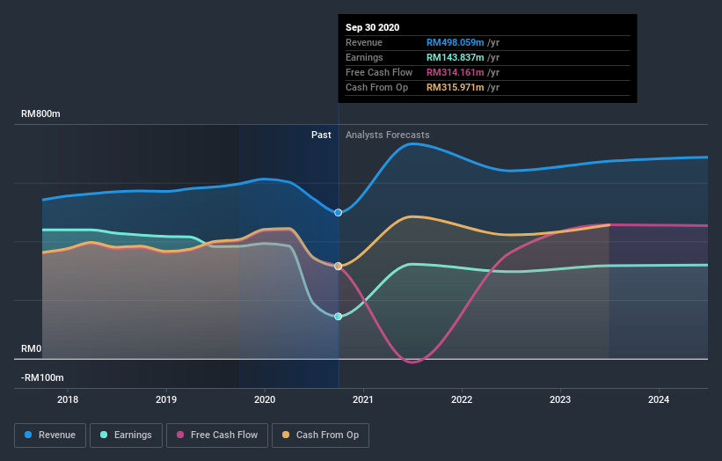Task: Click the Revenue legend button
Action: [51, 435]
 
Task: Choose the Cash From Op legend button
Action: [321, 435]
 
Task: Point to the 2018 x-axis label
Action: [68, 399]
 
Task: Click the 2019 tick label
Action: [166, 399]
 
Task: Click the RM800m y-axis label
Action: [41, 114]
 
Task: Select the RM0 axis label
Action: [32, 349]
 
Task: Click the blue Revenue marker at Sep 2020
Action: [338, 212]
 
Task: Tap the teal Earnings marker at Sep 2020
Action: [338, 316]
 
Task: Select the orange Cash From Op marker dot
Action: [338, 266]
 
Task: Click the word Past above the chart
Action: [321, 135]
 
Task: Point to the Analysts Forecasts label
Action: [388, 135]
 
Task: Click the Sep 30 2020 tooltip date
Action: [373, 27]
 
